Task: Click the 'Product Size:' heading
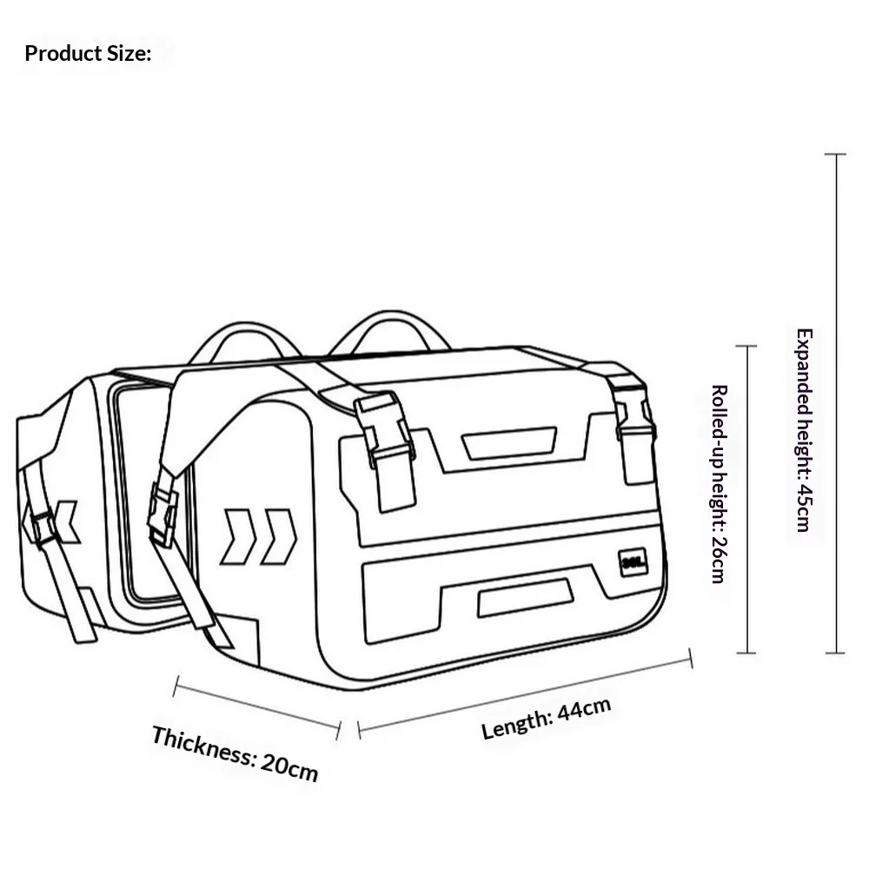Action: coord(88,54)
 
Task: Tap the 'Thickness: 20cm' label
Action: coord(235,753)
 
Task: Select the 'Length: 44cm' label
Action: coord(546,719)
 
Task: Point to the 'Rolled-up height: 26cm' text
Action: coord(719,484)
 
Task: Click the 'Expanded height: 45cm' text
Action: coord(804,430)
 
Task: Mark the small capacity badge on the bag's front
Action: coord(633,563)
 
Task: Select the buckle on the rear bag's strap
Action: coord(43,527)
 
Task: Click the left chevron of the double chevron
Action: coord(239,536)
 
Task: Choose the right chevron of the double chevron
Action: coord(279,536)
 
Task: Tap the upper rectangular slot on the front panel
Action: coord(509,443)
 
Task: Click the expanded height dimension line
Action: coord(836,403)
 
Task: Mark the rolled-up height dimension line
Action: coord(747,500)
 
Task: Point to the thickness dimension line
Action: coord(257,707)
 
